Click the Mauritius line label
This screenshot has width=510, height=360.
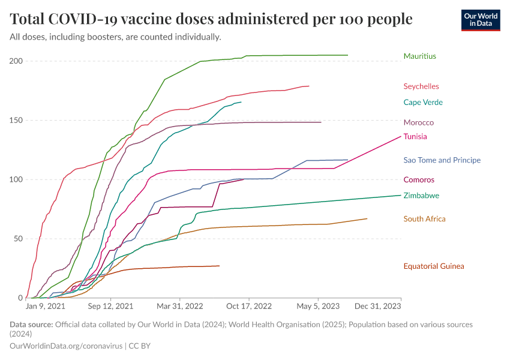pos(419,56)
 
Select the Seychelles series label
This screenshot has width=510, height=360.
pos(421,86)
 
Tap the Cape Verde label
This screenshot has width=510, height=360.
pos(423,103)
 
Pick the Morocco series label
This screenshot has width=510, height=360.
pos(419,122)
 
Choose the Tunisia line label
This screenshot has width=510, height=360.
pos(415,137)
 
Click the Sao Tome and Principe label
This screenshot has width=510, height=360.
pos(442,160)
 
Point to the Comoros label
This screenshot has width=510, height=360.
pos(419,180)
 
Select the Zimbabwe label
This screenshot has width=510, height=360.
pos(421,196)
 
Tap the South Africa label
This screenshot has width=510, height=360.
pos(424,219)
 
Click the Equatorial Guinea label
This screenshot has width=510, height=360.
pos(434,266)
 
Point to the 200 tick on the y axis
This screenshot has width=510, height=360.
pos(16,61)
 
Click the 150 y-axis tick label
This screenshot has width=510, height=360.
pos(16,120)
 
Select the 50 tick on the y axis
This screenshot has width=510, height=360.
pos(18,239)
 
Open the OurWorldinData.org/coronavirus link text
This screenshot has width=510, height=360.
pos(65,346)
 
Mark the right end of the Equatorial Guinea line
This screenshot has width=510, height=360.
pos(219,266)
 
